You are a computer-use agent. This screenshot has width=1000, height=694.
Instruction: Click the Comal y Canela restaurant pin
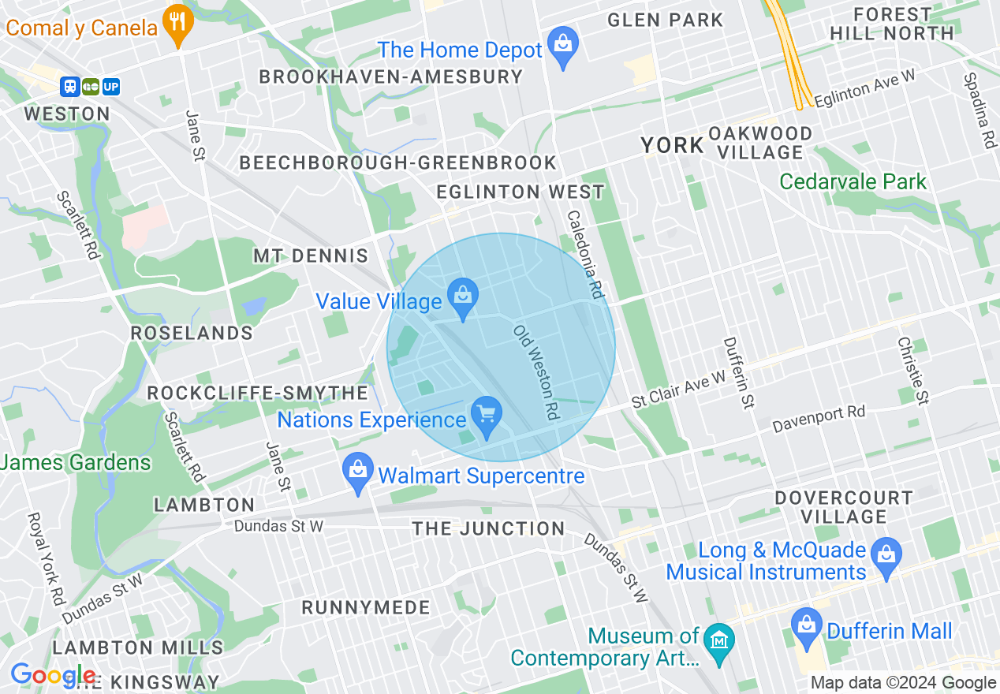coord(179,24)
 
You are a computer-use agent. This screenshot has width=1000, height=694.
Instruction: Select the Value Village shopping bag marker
coord(464,298)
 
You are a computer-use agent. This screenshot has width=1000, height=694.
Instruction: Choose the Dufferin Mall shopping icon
coord(807,627)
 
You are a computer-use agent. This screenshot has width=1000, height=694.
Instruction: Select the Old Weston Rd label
coord(536,371)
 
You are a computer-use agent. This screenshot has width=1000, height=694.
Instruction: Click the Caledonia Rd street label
coord(585,254)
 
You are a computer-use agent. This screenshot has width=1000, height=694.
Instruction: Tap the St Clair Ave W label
coord(678,390)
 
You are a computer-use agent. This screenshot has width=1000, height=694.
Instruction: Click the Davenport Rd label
coord(818,419)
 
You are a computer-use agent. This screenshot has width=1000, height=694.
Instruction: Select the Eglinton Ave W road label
coord(864,88)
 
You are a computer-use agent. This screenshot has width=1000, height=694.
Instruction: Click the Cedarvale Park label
coord(853,181)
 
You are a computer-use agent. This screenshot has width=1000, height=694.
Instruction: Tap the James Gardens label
coord(76,461)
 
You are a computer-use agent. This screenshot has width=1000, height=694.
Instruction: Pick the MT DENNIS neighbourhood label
coord(311,256)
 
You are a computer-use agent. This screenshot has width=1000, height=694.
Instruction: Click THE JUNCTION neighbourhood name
coord(488,528)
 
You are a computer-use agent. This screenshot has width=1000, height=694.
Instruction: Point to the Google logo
coord(53,675)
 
